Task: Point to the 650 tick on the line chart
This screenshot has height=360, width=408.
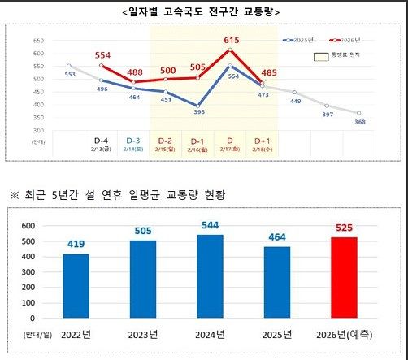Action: (38, 41)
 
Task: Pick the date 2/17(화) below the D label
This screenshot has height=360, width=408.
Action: (230, 150)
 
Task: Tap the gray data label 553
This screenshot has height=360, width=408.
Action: (69, 74)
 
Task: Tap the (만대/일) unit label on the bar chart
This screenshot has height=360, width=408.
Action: (37, 334)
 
